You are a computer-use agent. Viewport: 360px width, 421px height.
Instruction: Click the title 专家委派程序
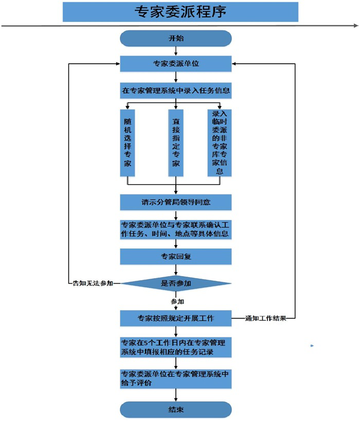tap(180, 11)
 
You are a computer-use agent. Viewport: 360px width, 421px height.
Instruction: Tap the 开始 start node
tap(176, 39)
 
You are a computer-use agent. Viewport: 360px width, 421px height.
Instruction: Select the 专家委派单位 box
tap(176, 64)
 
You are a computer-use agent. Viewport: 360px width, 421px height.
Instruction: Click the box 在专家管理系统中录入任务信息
tap(176, 90)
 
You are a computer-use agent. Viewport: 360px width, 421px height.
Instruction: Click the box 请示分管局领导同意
tap(176, 202)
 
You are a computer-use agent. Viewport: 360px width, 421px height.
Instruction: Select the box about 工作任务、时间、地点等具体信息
tap(176, 229)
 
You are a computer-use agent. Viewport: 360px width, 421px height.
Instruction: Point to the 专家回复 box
tap(176, 257)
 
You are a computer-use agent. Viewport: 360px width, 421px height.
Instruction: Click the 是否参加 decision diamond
tap(176, 283)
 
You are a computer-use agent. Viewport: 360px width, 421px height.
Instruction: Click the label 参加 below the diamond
tap(177, 300)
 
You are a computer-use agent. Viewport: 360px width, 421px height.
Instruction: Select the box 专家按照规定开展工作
tap(176, 318)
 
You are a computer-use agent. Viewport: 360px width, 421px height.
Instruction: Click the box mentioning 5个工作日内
tap(176, 347)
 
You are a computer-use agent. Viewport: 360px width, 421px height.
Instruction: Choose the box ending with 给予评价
tap(176, 378)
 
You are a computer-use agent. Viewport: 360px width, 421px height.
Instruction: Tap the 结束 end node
tap(176, 409)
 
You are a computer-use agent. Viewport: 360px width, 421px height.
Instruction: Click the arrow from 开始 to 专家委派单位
tap(176, 51)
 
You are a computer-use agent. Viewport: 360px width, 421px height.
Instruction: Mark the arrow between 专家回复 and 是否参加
tap(176, 269)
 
